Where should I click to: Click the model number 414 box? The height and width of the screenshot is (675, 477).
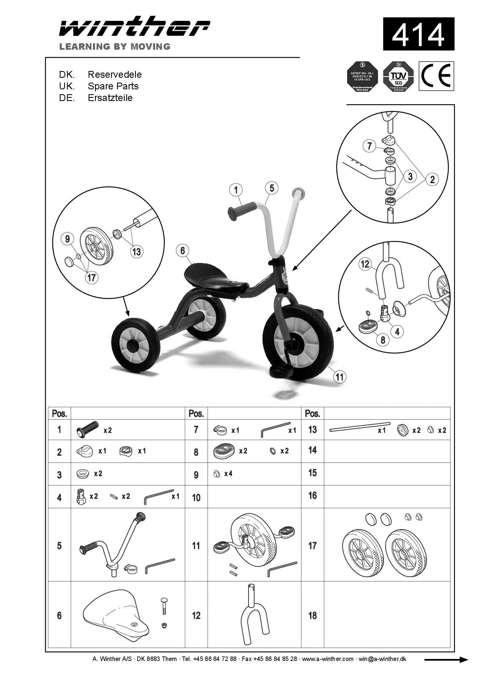click(418, 34)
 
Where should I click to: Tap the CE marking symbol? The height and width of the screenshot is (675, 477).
click(437, 76)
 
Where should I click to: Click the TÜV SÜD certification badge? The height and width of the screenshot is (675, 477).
click(398, 77)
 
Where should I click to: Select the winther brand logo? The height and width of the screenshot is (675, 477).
click(134, 28)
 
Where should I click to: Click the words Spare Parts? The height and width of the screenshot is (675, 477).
click(113, 86)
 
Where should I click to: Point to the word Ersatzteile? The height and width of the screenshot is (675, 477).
click(110, 98)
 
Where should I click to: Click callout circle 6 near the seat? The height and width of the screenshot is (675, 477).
click(182, 251)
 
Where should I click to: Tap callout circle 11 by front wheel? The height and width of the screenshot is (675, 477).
click(340, 377)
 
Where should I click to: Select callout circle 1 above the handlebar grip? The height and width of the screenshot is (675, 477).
click(236, 190)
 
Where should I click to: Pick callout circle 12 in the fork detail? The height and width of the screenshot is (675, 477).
click(365, 264)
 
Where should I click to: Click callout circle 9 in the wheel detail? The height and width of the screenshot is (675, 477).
click(67, 239)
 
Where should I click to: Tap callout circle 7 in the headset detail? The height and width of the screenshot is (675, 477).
click(369, 146)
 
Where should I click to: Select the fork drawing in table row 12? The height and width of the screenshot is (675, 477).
click(254, 614)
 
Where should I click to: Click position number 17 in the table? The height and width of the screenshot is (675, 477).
click(312, 546)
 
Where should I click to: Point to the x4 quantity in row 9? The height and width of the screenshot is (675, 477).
click(228, 474)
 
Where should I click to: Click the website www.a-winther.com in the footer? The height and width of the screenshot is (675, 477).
click(327, 659)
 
